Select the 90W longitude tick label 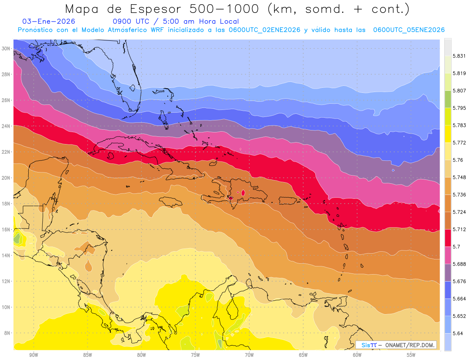[33, 355]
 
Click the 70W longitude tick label [249, 355]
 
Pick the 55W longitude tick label [411, 355]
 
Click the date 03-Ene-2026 [49, 21]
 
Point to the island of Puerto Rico [288, 200]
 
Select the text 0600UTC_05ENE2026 [409, 30]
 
